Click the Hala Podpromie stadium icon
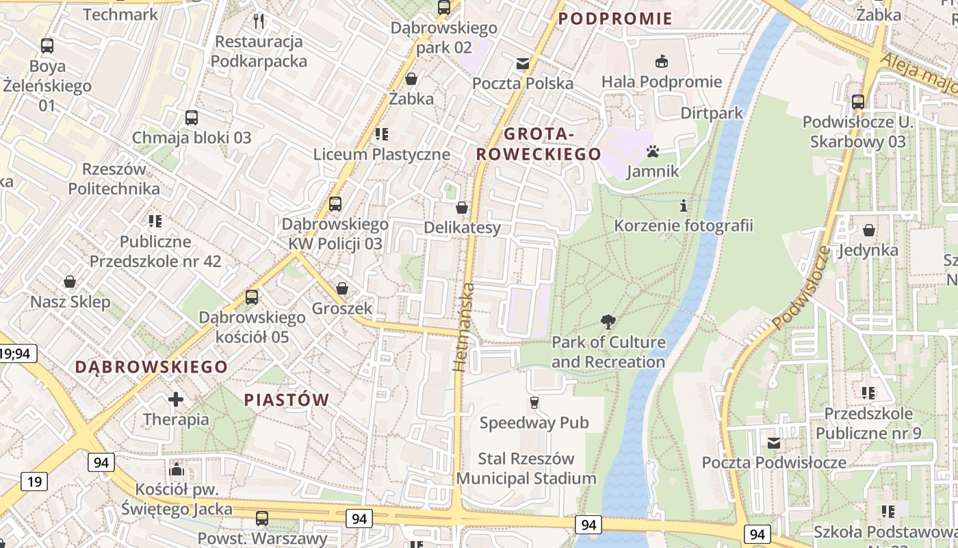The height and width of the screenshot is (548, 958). tap(661, 62)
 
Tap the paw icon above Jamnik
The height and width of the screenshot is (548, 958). tap(652, 151)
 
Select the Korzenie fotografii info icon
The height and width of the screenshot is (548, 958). tap(683, 205)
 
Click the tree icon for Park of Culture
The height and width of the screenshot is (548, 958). tap(608, 321)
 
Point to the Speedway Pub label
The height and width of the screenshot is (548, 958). tap(534, 423)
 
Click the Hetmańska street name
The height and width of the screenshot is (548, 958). tap(464, 327)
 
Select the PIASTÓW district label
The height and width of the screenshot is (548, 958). tap(287, 399)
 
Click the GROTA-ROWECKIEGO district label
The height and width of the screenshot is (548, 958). tap(539, 144)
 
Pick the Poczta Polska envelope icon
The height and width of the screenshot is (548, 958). tap(523, 64)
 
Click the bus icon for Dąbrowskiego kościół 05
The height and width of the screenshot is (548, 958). tap(252, 297)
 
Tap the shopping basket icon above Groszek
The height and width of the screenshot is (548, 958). tap(341, 288)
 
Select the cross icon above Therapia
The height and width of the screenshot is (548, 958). tap(176, 399)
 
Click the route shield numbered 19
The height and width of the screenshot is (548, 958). tap(34, 482)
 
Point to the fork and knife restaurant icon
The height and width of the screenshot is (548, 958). tap(259, 21)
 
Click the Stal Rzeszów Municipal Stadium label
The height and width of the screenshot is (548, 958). tap(526, 468)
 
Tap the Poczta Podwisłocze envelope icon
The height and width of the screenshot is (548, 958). tap(774, 443)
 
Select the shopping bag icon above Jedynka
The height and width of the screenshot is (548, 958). tap(868, 230)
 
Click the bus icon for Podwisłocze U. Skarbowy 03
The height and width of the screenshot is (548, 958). tap(857, 102)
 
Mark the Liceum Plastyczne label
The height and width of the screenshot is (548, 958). tap(382, 154)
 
